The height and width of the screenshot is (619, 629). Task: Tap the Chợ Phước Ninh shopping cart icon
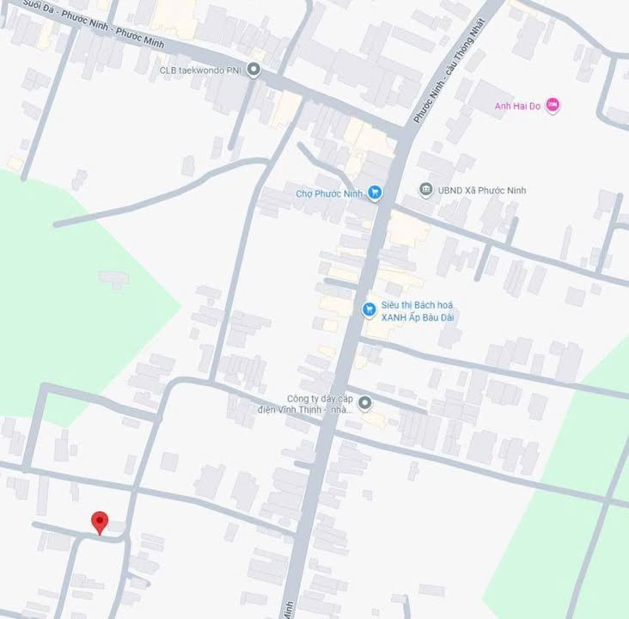374,193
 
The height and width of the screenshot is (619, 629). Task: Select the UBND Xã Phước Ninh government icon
425,189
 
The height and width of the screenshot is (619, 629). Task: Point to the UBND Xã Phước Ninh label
483,190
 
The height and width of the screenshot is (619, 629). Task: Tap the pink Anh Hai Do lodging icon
553,106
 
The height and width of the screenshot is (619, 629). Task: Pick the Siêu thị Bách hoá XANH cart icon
369,309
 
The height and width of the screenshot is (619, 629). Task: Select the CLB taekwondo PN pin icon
253,70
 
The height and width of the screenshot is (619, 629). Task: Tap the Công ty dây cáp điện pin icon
364,402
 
